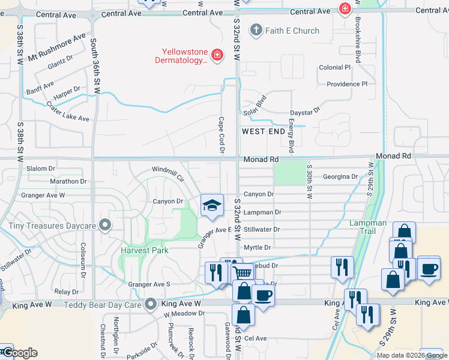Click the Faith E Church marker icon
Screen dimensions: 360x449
[256, 31]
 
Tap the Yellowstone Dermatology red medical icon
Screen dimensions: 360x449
[217, 56]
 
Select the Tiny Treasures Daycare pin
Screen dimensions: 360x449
[106, 226]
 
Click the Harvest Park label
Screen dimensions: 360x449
[145, 250]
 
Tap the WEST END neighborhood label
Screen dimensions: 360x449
[264, 131]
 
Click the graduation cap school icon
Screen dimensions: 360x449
[211, 206]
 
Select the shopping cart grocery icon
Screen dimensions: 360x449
[243, 274]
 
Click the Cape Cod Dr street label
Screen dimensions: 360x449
[221, 135]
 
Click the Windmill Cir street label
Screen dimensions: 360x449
[168, 175]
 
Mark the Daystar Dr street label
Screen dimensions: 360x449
[306, 111]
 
